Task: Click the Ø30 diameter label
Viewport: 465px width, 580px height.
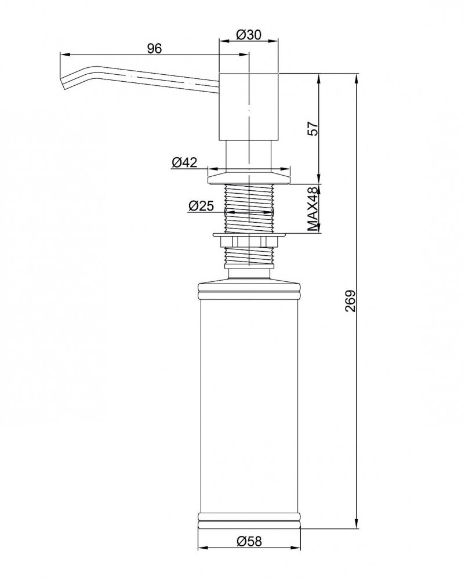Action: (x=248, y=35)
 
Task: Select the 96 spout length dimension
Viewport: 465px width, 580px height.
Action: (x=154, y=49)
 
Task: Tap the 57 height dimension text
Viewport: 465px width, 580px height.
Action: (x=313, y=128)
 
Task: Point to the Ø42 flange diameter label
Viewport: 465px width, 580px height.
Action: (x=184, y=162)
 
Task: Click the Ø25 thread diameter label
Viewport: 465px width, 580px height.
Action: (x=201, y=205)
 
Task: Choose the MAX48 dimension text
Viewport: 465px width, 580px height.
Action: (x=313, y=209)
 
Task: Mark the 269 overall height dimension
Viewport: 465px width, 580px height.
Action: (x=350, y=300)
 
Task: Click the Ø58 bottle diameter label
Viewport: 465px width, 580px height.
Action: (x=249, y=542)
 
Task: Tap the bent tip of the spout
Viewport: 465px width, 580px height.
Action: (x=63, y=84)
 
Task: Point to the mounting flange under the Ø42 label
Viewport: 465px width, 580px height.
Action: (x=249, y=176)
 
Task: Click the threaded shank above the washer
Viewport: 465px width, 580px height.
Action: (x=249, y=208)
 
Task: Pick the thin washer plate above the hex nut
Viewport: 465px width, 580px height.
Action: (x=249, y=235)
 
